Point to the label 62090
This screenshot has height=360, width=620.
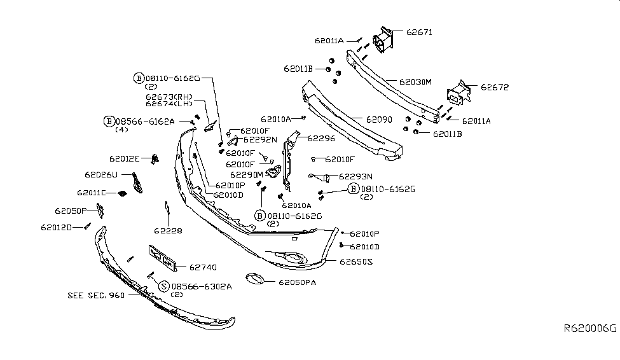point(379,119)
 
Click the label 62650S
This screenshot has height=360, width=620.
point(357,261)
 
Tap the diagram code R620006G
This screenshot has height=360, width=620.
point(590,329)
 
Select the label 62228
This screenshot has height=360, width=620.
point(168,231)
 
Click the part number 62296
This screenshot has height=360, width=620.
point(321,137)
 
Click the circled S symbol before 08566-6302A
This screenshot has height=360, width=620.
point(164,287)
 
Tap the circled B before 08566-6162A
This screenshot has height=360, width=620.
point(109,121)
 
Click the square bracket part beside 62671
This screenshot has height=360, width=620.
point(385,39)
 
